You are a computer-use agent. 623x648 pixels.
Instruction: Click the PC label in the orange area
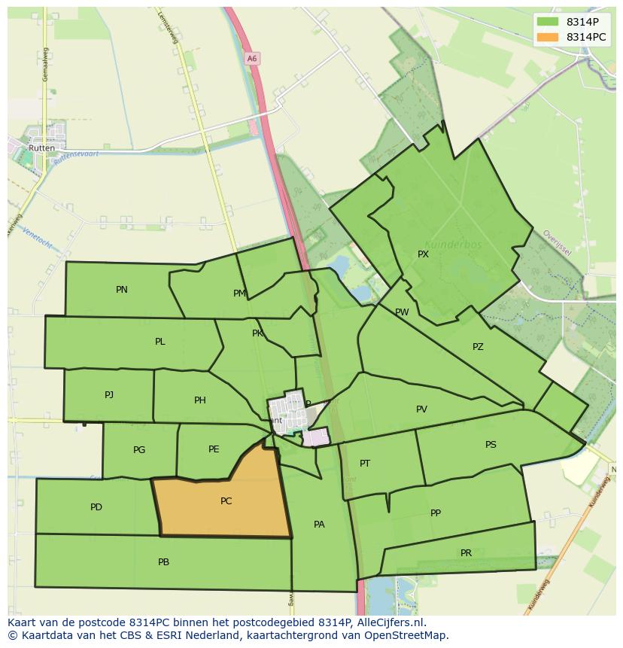coord(226,501)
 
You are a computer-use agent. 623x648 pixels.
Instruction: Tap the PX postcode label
coord(423,254)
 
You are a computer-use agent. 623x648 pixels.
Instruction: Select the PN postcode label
coord(122,290)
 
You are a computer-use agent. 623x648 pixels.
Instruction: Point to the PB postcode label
coord(163,562)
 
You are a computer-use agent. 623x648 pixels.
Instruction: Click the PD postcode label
coord(96,507)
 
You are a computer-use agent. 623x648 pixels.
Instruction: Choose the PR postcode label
coord(466,553)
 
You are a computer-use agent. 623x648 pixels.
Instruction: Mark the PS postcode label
coord(491,445)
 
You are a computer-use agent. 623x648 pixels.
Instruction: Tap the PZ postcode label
coord(478,347)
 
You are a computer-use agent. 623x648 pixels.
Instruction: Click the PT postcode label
coord(365,464)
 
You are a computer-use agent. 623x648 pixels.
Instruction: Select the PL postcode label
coord(160,342)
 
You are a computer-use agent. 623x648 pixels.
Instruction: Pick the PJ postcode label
coord(109,394)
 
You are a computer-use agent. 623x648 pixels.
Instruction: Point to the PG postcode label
coord(139,450)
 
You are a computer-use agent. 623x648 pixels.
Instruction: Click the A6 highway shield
coord(252,58)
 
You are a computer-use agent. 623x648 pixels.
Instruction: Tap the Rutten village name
coord(41,148)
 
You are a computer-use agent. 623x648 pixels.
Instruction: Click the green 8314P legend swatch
coord(548,22)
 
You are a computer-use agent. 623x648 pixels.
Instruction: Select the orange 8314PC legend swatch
coord(548,37)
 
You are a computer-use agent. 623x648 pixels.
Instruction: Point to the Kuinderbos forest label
coord(452,245)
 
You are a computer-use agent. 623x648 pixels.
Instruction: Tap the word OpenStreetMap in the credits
coord(408,635)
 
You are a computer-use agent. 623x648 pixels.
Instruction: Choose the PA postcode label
coord(319,525)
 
